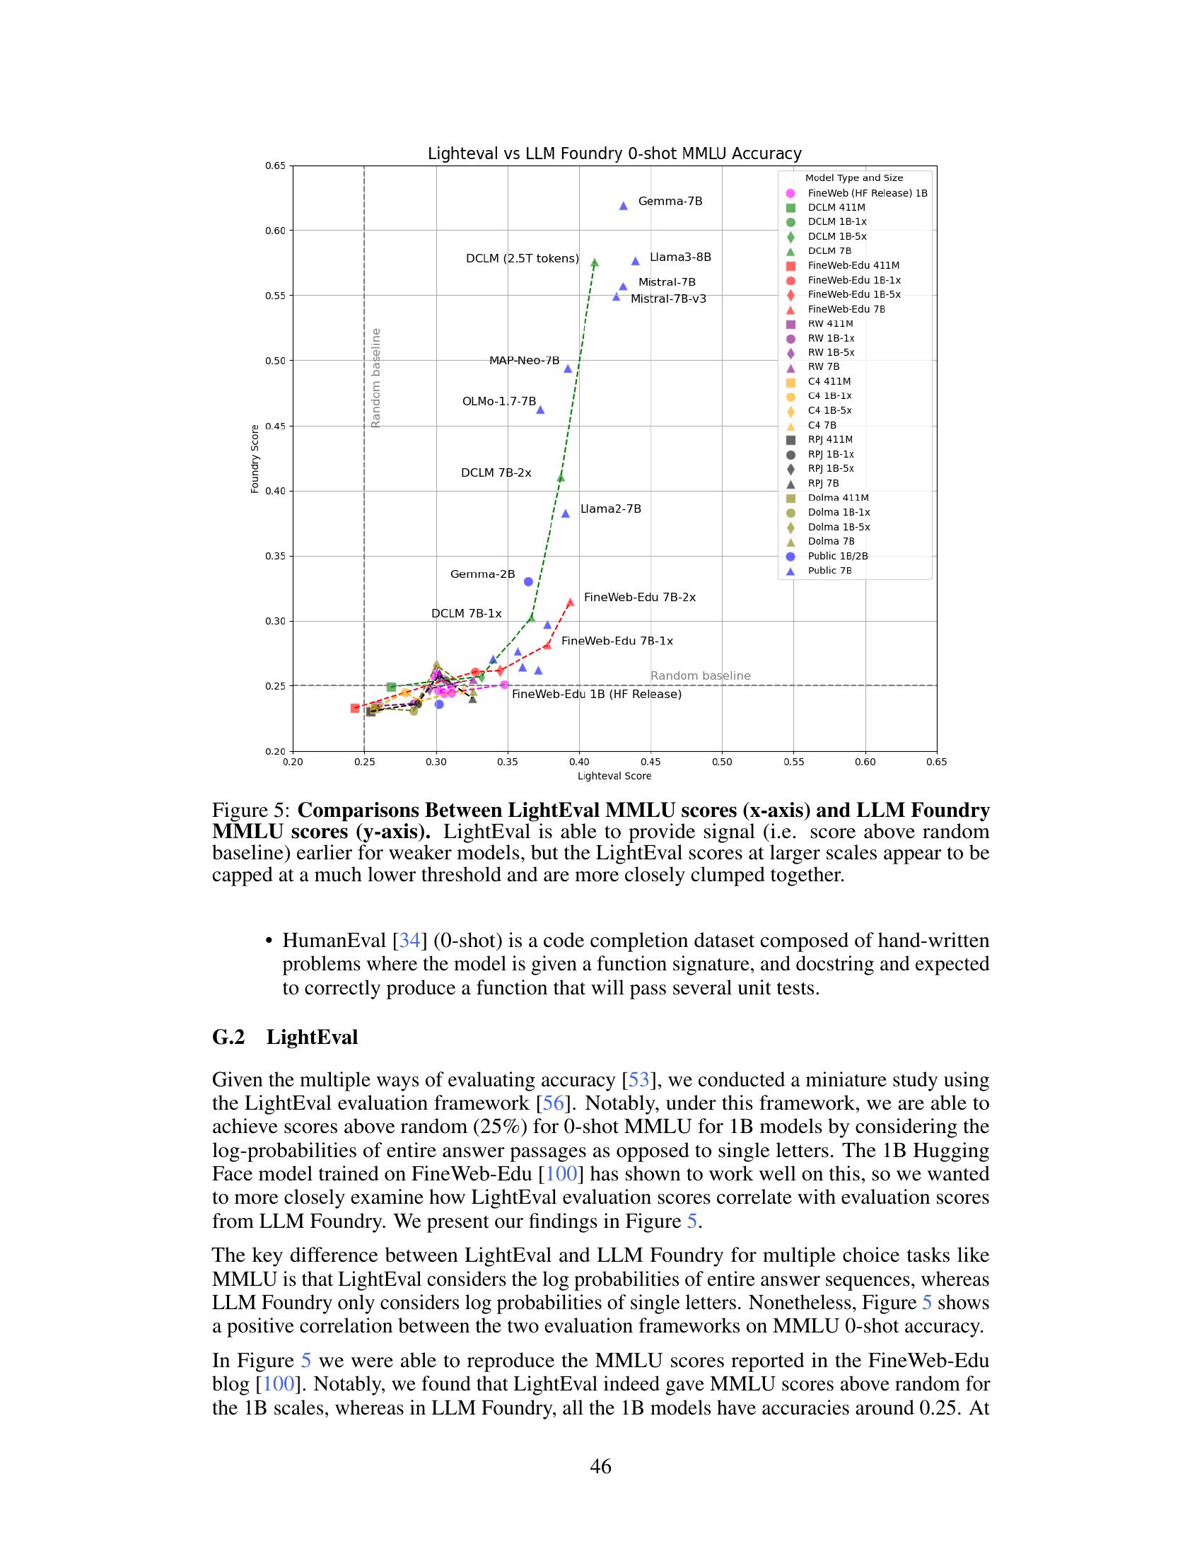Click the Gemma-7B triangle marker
pyautogui.click(x=623, y=206)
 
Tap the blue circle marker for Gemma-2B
pyautogui.click(x=528, y=581)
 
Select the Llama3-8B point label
pyautogui.click(x=680, y=257)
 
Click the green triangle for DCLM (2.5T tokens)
pyautogui.click(x=595, y=263)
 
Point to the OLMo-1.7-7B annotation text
pyautogui.click(x=498, y=402)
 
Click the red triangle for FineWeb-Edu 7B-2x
pyautogui.click(x=571, y=602)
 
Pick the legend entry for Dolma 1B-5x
pyautogui.click(x=838, y=527)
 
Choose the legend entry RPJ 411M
pyautogui.click(x=829, y=440)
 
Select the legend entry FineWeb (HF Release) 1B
pyautogui.click(x=867, y=193)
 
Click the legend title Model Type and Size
pyautogui.click(x=854, y=178)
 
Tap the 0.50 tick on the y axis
pyautogui.click(x=275, y=361)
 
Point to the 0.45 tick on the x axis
pyautogui.click(x=650, y=762)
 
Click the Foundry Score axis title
pyautogui.click(x=255, y=459)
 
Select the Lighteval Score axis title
pyautogui.click(x=614, y=776)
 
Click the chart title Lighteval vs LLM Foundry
pyautogui.click(x=614, y=154)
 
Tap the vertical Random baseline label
pyautogui.click(x=376, y=378)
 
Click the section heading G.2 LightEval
pyautogui.click(x=285, y=1037)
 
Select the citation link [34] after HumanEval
pyautogui.click(x=409, y=941)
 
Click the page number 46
pyautogui.click(x=600, y=1466)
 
